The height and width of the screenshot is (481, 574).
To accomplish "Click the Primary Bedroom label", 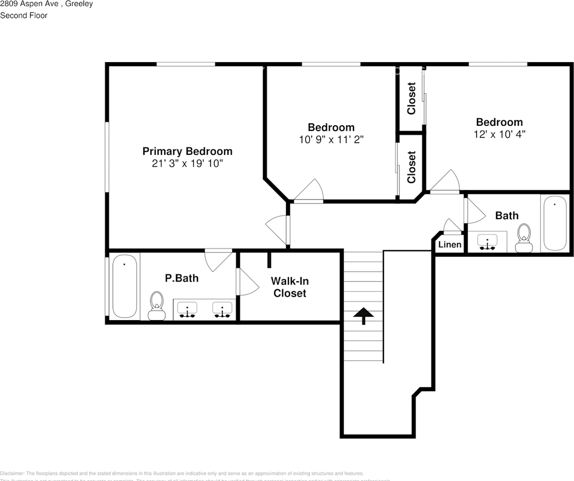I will point(187,151).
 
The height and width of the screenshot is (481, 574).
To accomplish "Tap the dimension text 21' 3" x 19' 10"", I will point(187,164).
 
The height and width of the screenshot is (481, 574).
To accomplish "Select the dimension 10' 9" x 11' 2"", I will point(331,140).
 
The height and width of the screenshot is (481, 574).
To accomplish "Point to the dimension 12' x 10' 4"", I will point(499,135).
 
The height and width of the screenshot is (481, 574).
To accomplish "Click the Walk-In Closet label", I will point(290,287).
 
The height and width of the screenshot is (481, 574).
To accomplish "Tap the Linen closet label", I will point(450,245).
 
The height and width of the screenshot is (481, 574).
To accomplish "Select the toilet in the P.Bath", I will point(157,306).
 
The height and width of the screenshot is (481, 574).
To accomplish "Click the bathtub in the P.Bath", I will point(124,286).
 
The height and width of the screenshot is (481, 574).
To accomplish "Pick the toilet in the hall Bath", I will point(524,237).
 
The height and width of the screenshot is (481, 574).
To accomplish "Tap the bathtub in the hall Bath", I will point(555,223).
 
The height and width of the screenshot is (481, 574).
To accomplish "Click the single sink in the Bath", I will point(487,242).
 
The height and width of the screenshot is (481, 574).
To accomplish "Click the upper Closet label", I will point(411,98).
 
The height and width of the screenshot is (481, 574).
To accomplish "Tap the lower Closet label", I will point(411,167).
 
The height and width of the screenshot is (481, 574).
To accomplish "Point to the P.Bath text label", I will point(182,278).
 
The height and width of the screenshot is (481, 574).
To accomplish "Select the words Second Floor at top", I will point(24,16).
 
